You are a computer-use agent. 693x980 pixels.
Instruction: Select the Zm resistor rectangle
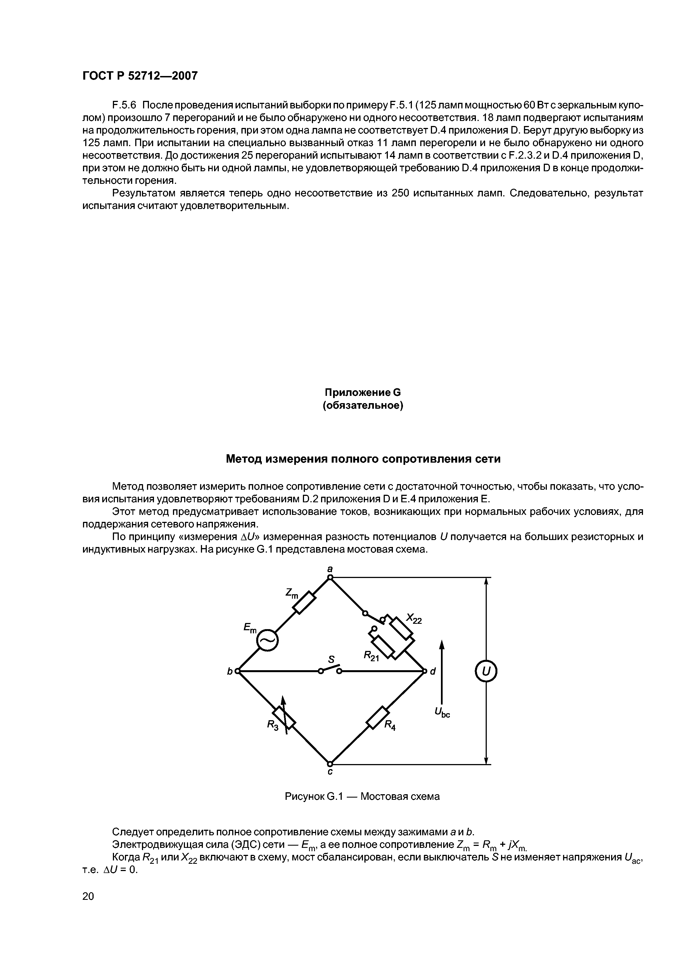tap(305, 603)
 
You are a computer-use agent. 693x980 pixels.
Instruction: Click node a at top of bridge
tap(330, 577)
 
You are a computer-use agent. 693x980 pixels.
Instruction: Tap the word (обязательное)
tap(362, 405)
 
